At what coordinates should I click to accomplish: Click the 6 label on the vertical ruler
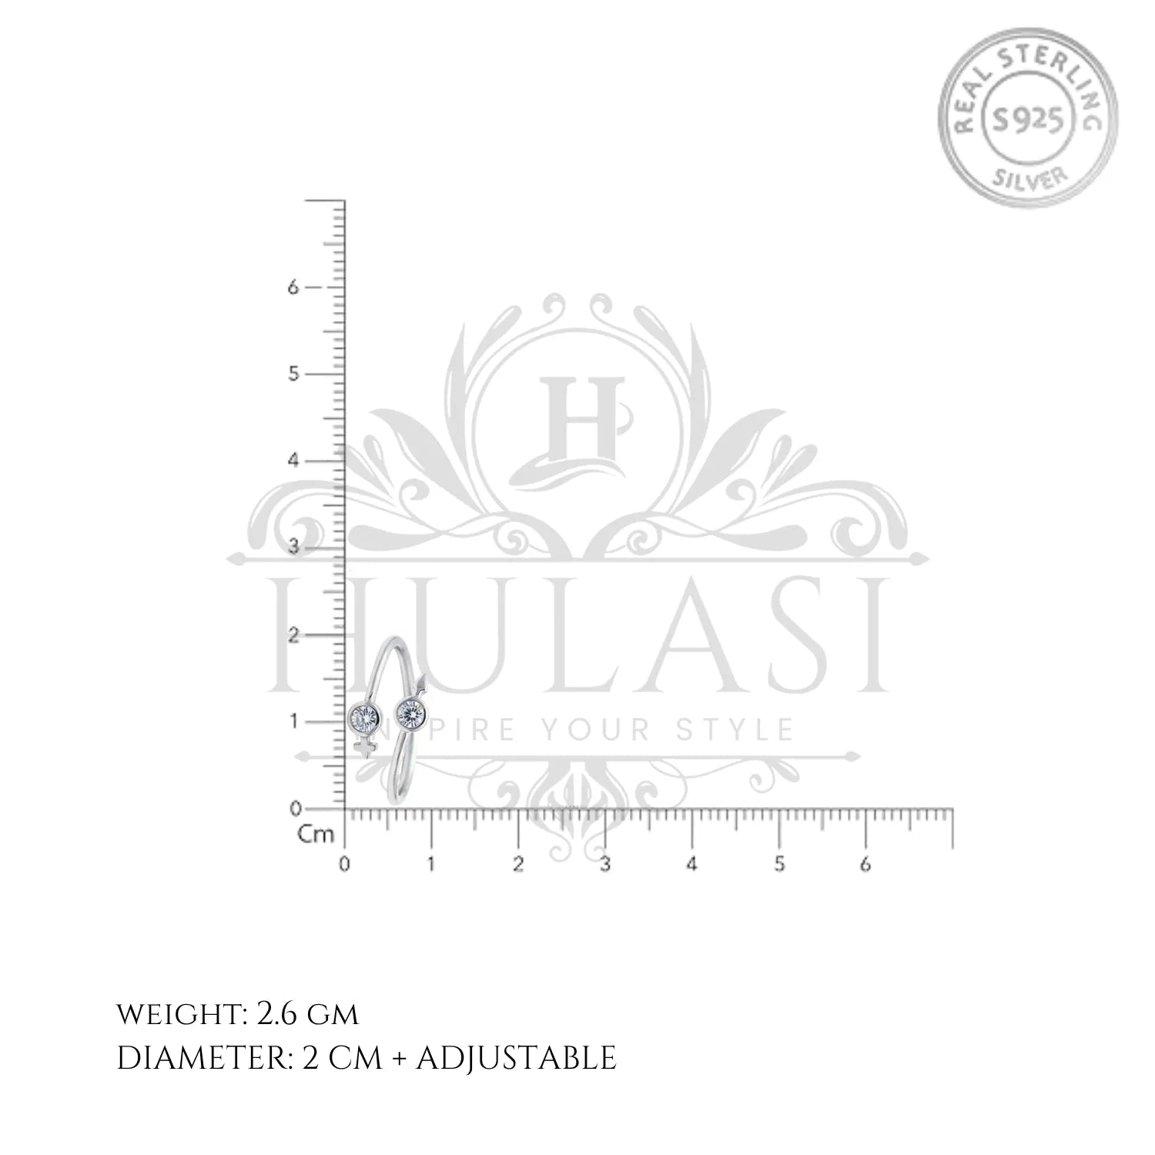tap(292, 286)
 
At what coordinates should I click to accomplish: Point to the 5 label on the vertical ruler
tap(292, 374)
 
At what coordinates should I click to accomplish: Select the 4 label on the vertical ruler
tap(292, 460)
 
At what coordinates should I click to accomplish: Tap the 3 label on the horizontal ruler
tap(605, 864)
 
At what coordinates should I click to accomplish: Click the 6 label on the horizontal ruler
tap(866, 864)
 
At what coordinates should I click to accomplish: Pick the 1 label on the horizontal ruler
tap(431, 864)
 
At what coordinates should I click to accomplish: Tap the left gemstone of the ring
tap(363, 718)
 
